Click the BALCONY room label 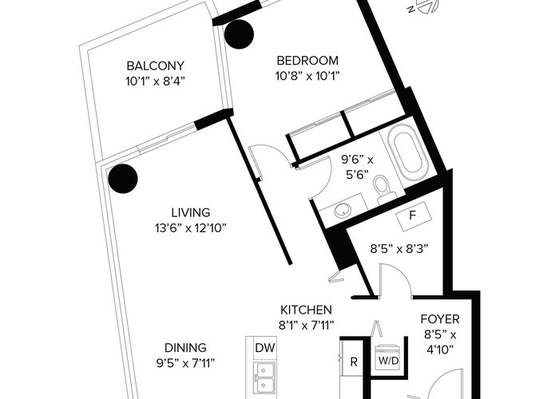click(x=156, y=66)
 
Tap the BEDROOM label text click(x=307, y=61)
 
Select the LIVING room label click(x=191, y=213)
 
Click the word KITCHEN click(x=306, y=310)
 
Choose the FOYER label click(x=440, y=319)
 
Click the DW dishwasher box click(x=265, y=348)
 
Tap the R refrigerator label click(x=354, y=362)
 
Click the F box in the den click(x=413, y=215)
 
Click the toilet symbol click(x=383, y=189)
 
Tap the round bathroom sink click(x=343, y=210)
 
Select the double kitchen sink click(x=264, y=380)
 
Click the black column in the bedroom click(x=240, y=34)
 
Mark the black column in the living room click(x=123, y=179)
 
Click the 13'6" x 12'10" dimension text click(x=191, y=228)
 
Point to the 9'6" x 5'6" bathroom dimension click(x=357, y=167)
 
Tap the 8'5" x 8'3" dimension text click(x=399, y=248)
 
